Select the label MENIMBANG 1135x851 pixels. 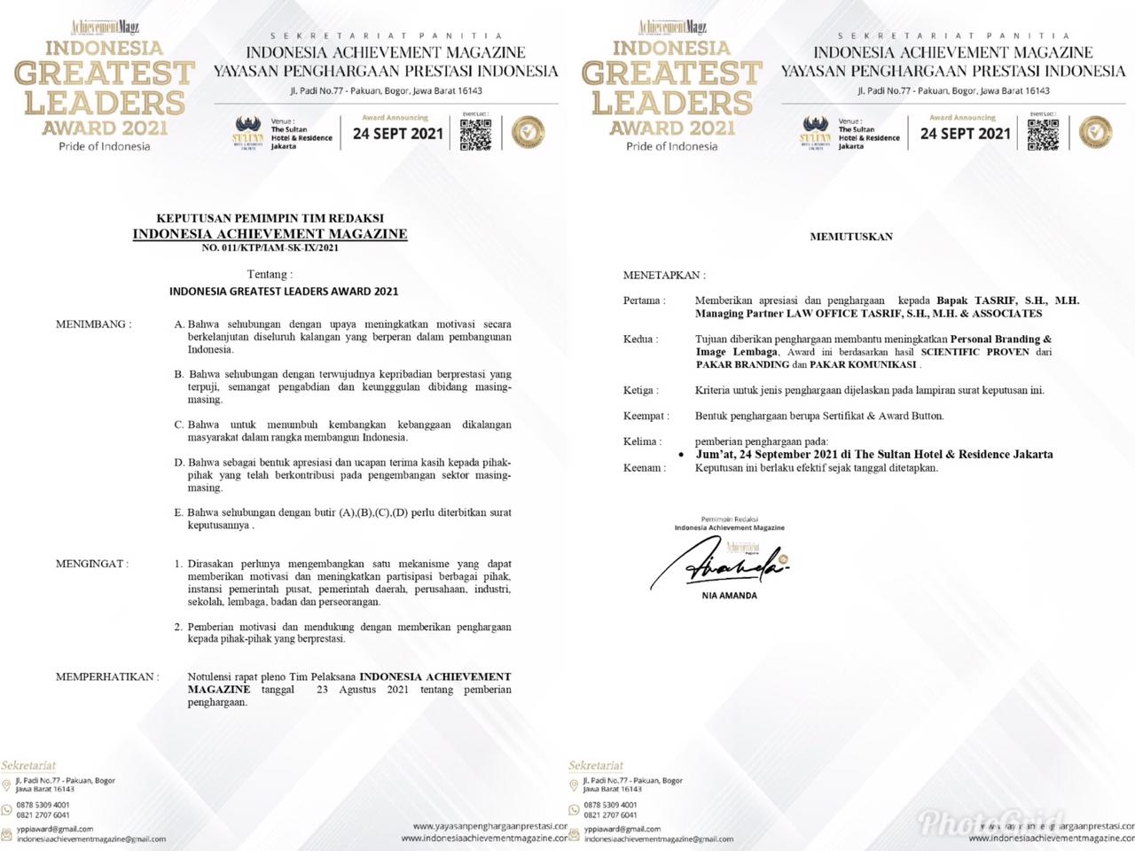(93, 324)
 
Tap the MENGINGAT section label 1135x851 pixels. (91, 564)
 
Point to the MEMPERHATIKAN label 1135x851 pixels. (107, 677)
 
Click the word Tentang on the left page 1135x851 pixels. (269, 275)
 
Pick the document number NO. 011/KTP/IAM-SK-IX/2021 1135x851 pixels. (270, 248)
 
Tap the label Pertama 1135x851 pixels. (644, 301)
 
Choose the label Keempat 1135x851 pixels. (646, 415)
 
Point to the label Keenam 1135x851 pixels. (644, 467)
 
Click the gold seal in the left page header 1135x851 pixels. (528, 133)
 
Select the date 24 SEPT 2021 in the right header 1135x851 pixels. (966, 134)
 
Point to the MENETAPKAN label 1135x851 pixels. (665, 275)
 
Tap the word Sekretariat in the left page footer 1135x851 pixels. (28, 765)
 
